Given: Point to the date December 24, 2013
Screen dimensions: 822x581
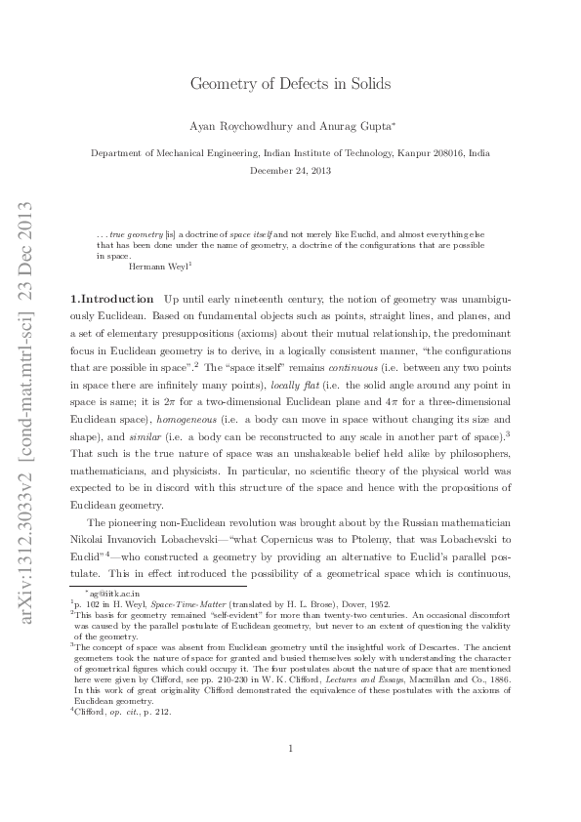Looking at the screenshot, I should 290,170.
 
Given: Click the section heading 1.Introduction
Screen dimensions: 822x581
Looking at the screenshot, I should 111,298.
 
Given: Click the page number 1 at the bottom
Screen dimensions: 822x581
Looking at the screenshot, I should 291,776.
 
